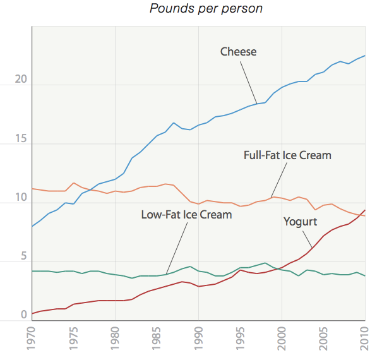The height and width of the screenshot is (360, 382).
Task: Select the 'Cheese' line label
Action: pos(238,52)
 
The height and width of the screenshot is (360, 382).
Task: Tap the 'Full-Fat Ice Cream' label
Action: pos(287,155)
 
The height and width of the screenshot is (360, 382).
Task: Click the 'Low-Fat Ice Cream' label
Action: pos(186,215)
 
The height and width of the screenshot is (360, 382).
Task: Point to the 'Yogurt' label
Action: pos(300,222)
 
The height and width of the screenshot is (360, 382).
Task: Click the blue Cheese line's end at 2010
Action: pos(365,56)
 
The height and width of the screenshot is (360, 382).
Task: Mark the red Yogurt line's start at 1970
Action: pos(32,313)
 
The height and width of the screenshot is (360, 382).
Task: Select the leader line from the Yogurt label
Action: pos(306,239)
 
